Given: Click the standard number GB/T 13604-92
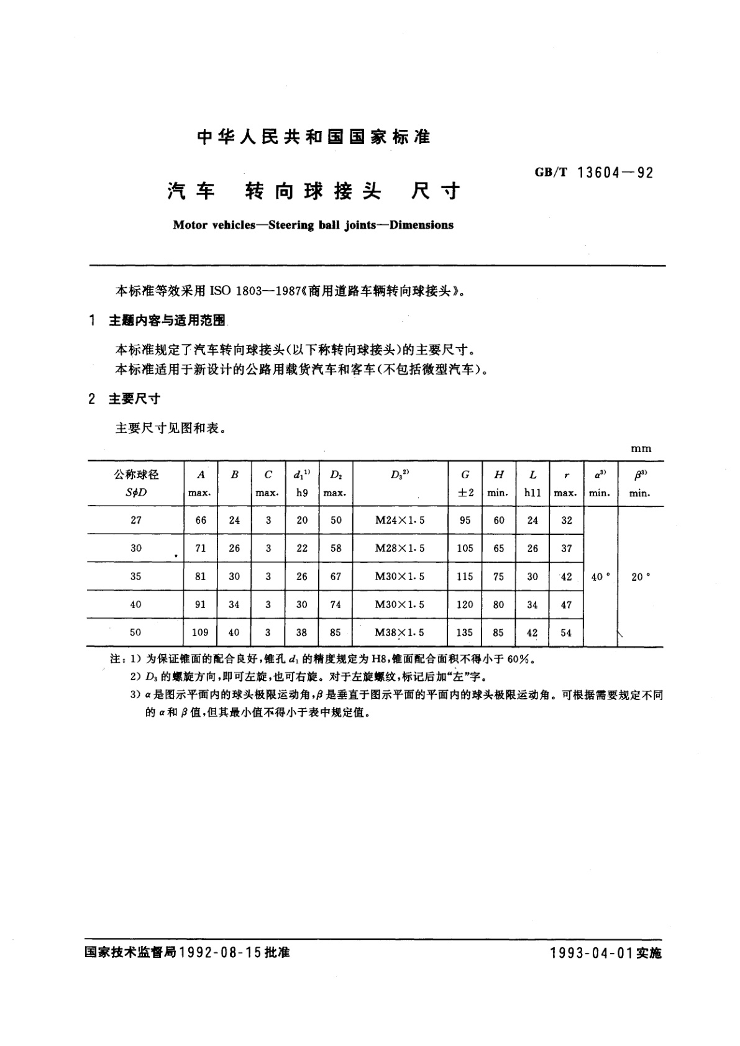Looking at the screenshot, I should (x=594, y=173).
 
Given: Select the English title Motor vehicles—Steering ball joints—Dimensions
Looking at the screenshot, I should (x=313, y=225).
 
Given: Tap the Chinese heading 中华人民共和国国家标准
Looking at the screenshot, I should (x=313, y=137).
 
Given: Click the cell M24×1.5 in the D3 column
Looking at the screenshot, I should (x=400, y=521).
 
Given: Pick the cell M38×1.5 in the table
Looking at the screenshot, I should (x=400, y=632).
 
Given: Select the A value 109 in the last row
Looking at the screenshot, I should (x=200, y=632).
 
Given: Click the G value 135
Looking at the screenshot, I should (x=465, y=632).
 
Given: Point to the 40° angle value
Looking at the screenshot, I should (x=600, y=576).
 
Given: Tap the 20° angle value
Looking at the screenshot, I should (x=641, y=576).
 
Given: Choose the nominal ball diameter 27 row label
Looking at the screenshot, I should (x=136, y=521).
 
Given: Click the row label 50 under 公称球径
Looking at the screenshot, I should (x=136, y=632).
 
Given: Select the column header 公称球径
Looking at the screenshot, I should (x=136, y=475).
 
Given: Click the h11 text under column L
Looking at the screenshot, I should (x=532, y=493).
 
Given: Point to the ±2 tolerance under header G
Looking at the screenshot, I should (x=465, y=493).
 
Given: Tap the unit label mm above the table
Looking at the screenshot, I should (x=641, y=448).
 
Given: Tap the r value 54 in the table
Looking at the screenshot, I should (x=566, y=632).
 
